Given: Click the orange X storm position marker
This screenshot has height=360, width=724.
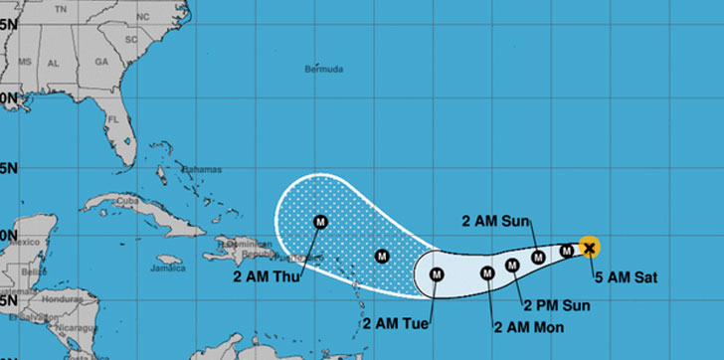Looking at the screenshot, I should click(589, 248).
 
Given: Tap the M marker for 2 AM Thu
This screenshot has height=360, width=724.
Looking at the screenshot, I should click(320, 222).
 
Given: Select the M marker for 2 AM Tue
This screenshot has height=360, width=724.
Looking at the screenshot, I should click(435, 274).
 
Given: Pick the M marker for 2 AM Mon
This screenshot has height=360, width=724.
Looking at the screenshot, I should click(487, 273).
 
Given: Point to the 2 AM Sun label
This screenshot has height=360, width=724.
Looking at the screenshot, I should click(497, 221).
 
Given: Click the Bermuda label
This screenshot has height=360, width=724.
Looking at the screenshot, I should click(325, 70).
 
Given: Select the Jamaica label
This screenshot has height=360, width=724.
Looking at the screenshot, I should click(168, 268).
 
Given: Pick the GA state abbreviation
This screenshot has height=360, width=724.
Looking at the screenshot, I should click(99, 61).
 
